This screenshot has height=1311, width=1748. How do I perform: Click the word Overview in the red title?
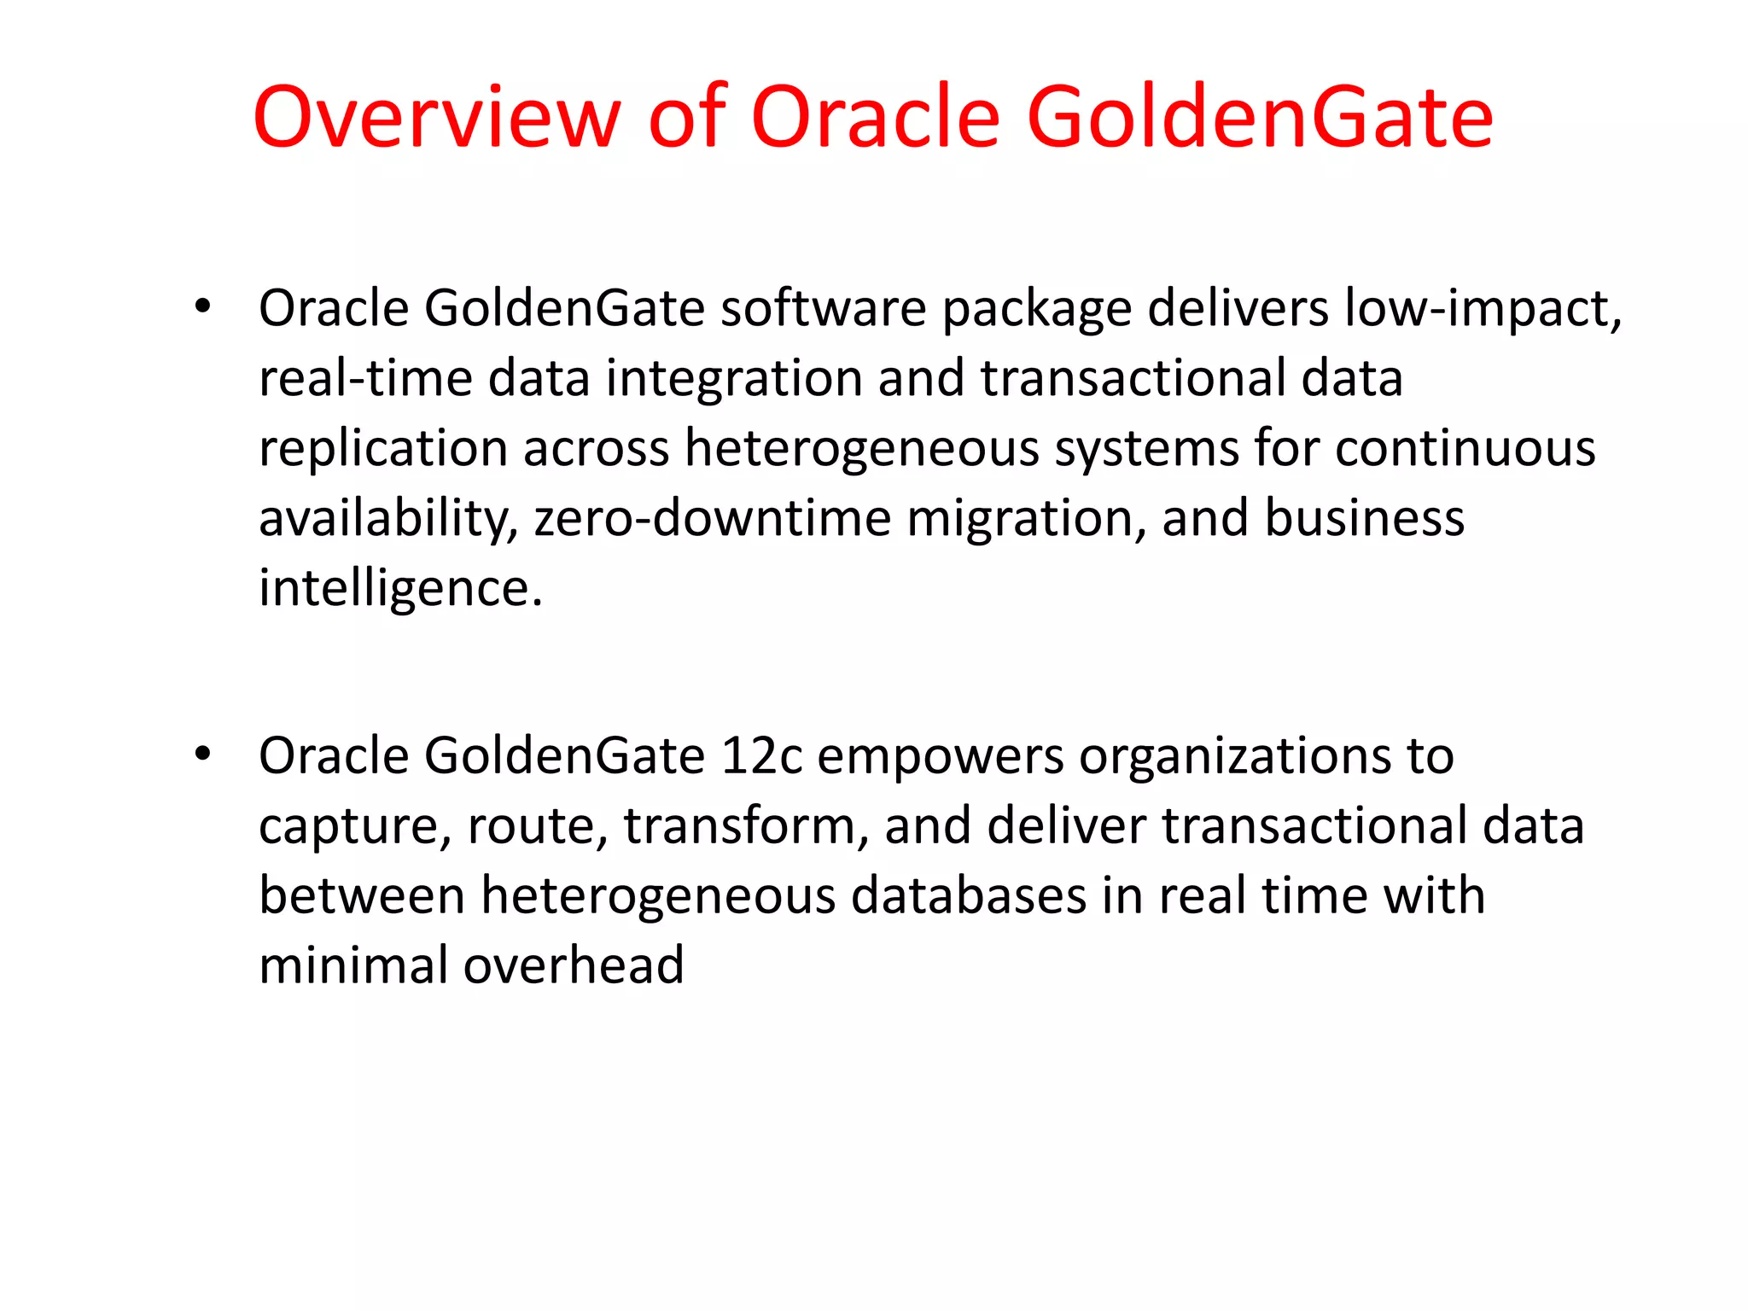[x=436, y=117]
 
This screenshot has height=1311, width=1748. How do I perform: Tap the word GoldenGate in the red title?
[x=1260, y=117]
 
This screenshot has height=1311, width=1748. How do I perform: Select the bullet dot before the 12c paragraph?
[x=202, y=754]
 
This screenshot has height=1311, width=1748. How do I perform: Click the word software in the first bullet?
[x=823, y=308]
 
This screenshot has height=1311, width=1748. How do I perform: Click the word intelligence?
[x=400, y=590]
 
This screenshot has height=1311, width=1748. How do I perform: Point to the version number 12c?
[x=761, y=756]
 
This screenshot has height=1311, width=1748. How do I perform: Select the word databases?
[x=969, y=896]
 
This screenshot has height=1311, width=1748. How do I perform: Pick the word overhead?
[x=574, y=966]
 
